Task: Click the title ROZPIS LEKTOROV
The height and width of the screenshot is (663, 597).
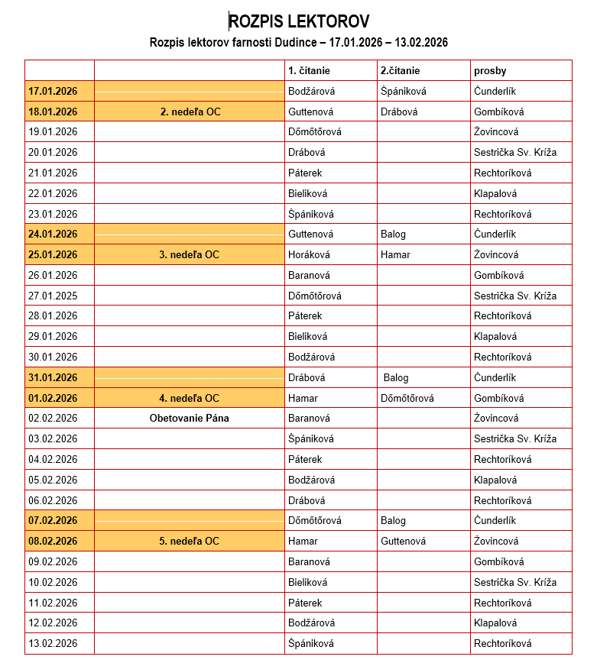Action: click(298, 21)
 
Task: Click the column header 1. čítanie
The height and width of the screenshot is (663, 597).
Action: click(309, 71)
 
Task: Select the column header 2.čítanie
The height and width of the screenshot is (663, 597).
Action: click(400, 71)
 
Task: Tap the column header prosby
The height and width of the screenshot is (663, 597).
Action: click(490, 71)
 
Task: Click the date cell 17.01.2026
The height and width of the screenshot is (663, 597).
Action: click(53, 91)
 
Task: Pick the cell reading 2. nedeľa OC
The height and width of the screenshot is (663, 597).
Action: click(190, 112)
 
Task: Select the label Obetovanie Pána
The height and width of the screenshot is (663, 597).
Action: click(190, 418)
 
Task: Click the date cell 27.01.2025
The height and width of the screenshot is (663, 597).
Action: click(53, 296)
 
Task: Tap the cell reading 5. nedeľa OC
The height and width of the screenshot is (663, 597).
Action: click(190, 541)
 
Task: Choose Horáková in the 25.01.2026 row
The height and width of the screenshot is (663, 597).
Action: click(309, 254)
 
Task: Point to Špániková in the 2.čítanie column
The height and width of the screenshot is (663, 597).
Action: click(403, 91)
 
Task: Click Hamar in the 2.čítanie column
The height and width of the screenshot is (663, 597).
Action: click(395, 254)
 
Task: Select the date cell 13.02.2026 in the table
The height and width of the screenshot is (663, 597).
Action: click(53, 643)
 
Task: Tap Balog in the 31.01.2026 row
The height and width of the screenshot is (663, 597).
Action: click(396, 377)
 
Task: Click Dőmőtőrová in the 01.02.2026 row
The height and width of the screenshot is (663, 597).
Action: click(407, 398)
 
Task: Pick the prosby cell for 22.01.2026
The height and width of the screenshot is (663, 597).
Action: click(495, 193)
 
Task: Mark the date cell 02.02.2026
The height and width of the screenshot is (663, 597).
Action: click(53, 418)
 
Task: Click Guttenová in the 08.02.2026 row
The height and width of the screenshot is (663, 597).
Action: click(403, 541)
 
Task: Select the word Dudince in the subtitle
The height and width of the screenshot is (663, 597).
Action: click(287, 42)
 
